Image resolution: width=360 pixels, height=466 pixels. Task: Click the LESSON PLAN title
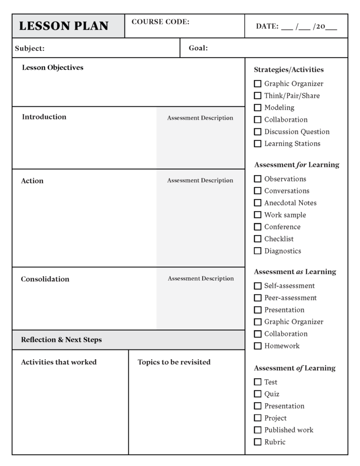[64, 26]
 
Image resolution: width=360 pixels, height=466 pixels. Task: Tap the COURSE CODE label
[160, 22]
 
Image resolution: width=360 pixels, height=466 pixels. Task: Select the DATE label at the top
[267, 27]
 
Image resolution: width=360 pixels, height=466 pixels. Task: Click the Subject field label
[29, 48]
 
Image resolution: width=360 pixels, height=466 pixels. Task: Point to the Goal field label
[198, 48]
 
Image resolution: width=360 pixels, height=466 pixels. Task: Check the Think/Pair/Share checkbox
[257, 96]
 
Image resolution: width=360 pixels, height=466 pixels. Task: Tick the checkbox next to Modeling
[257, 108]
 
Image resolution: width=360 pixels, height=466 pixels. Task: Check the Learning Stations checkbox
[257, 144]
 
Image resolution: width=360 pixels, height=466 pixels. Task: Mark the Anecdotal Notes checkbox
[257, 203]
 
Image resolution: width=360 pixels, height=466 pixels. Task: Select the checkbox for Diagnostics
[257, 251]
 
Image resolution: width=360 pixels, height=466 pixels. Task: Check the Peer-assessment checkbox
[257, 298]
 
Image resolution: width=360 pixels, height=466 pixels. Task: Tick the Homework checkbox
[257, 346]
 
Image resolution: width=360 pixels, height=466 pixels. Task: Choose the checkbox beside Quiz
[257, 394]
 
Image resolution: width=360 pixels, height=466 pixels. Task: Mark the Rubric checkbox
[257, 442]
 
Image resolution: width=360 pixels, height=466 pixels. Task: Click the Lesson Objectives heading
[52, 67]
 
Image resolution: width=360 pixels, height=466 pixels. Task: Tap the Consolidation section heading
[45, 279]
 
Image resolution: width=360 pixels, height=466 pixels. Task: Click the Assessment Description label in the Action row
[200, 180]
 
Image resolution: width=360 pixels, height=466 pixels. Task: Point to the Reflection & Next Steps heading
[61, 340]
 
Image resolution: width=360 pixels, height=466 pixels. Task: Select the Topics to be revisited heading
[174, 362]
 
